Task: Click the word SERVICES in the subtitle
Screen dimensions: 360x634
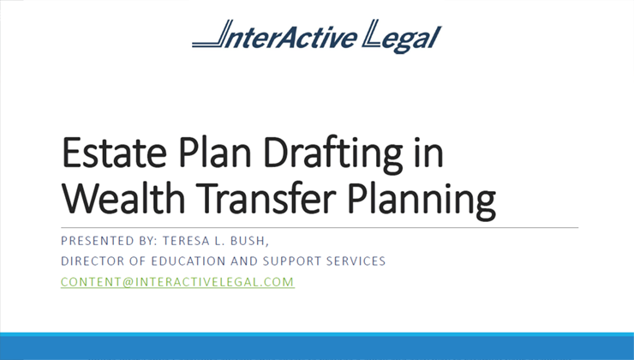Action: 358,261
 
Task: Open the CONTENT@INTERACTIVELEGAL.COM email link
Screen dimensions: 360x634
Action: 177,281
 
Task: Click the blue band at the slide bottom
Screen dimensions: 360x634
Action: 317,346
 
